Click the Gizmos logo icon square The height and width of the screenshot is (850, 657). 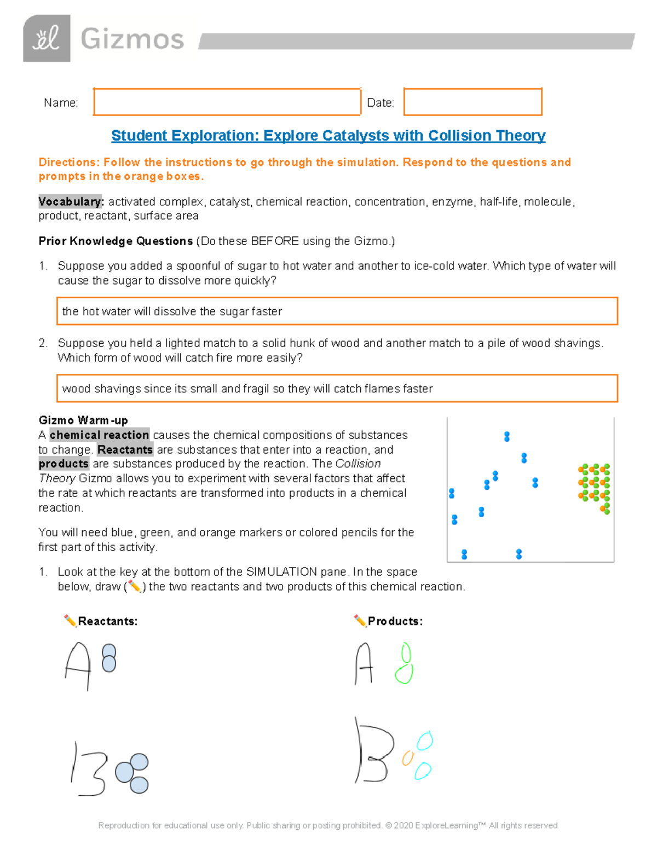(47, 38)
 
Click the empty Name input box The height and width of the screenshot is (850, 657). (227, 102)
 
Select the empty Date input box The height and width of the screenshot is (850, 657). (472, 102)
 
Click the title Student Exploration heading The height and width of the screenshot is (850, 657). (328, 135)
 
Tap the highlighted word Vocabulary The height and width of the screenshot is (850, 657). (71, 201)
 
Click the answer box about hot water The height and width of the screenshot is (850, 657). (337, 311)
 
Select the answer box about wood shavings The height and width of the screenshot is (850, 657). (337, 388)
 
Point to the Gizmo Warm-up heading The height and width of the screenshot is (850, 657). (83, 420)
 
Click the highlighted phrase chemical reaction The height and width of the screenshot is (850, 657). (99, 435)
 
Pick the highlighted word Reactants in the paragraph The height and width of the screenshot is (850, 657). (125, 449)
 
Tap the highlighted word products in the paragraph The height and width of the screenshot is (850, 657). (64, 464)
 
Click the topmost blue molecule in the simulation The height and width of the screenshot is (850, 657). (507, 436)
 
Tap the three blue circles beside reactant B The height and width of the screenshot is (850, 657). (133, 772)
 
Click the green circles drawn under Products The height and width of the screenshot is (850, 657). (405, 664)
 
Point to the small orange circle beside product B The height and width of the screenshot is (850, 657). (407, 758)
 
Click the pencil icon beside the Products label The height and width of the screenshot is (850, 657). (360, 620)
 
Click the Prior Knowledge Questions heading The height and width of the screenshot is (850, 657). (116, 241)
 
